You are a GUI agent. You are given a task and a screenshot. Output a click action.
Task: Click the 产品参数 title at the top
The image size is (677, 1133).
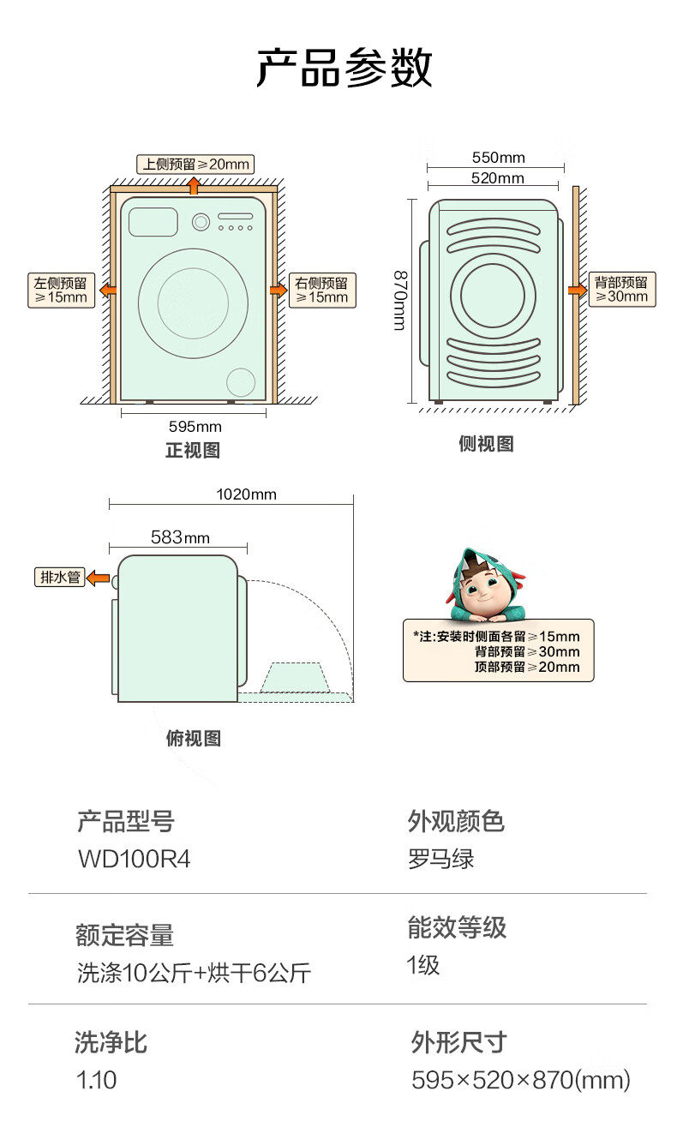point(344,69)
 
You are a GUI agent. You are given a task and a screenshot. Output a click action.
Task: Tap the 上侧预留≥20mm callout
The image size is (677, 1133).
point(195,164)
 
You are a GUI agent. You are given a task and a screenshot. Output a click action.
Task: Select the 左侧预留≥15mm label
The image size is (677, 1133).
point(61,290)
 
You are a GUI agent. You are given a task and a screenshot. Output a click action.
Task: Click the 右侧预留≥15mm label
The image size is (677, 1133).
point(322,290)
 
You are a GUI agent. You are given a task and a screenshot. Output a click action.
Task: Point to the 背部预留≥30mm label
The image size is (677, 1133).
point(621,290)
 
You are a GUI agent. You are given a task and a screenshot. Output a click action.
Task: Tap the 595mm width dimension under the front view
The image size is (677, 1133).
point(195,426)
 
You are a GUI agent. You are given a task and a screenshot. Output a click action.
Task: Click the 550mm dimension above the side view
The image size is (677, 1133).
point(498,158)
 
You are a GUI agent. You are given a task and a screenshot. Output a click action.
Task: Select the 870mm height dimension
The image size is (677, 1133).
point(400,300)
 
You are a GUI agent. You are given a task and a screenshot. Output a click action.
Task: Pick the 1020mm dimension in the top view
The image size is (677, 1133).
point(246,495)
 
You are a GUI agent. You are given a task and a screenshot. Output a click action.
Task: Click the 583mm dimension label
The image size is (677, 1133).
point(180,537)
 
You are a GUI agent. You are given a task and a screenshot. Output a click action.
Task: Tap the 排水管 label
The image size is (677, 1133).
point(60,577)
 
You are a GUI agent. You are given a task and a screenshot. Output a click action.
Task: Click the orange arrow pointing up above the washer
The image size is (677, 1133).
point(195,184)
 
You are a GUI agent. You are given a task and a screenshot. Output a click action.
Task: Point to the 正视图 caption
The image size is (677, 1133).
point(193,451)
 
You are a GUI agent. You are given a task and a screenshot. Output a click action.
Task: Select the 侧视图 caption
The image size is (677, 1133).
point(486,444)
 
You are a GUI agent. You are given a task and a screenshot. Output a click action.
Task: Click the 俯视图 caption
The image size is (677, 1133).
point(194,739)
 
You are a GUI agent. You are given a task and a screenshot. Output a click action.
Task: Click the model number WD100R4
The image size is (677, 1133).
point(134,859)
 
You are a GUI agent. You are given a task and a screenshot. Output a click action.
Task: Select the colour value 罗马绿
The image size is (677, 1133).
point(440,859)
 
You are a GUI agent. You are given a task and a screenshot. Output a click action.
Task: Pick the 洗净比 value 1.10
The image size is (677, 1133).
point(96,1080)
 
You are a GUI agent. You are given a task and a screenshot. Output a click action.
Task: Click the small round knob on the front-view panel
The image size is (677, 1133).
point(201,222)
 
